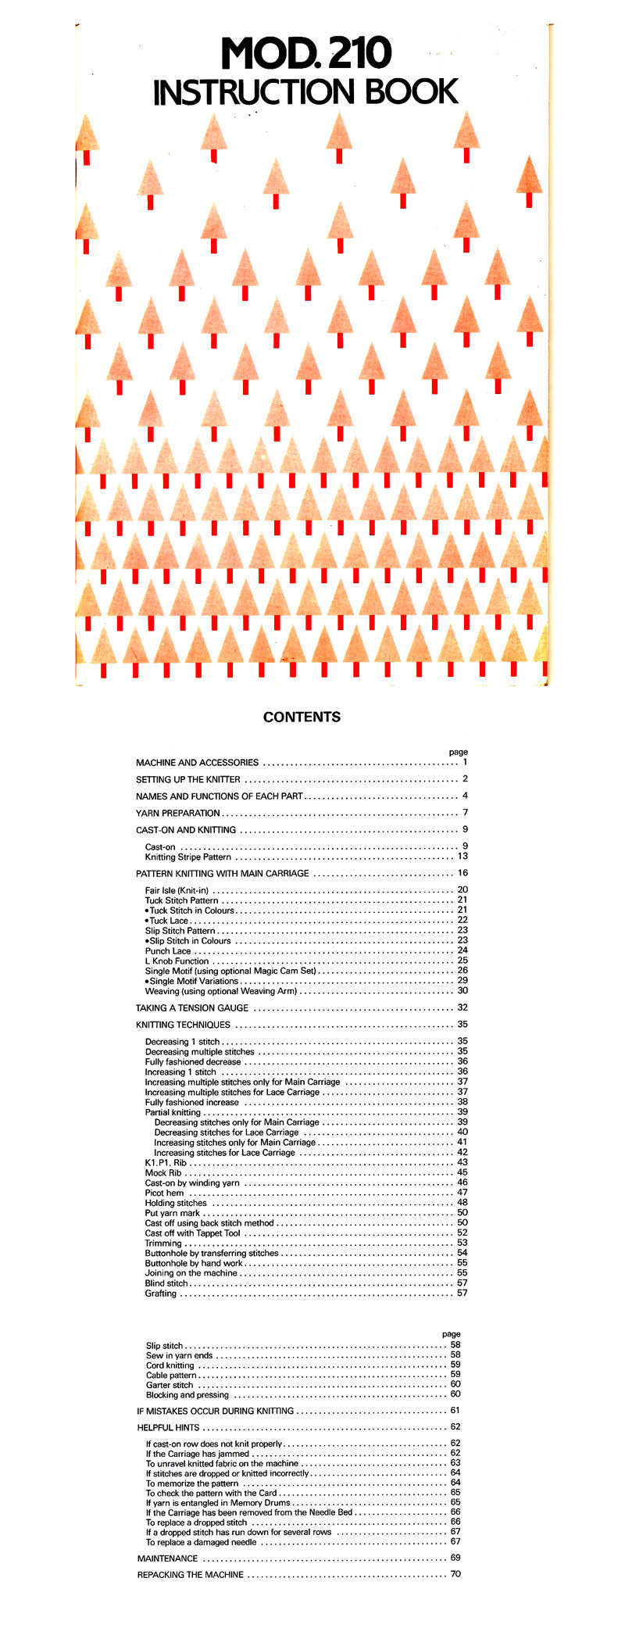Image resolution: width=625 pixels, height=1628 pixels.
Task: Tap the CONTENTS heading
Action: click(x=302, y=717)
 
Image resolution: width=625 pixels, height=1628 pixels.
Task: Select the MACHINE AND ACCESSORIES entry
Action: click(x=197, y=762)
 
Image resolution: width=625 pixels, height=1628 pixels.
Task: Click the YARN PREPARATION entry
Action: click(x=178, y=813)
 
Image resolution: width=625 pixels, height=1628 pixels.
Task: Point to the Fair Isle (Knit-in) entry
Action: click(x=177, y=890)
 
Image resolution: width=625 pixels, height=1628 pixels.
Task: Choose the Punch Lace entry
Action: click(x=168, y=951)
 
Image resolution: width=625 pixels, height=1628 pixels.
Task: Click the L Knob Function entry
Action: click(x=177, y=961)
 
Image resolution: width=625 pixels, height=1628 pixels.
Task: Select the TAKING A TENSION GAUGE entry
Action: click(x=192, y=1008)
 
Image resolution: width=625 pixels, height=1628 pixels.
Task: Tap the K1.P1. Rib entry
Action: click(x=166, y=1163)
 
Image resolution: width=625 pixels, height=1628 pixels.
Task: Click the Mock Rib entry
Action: click(x=163, y=1173)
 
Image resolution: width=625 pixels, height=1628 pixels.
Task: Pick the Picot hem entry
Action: click(x=165, y=1193)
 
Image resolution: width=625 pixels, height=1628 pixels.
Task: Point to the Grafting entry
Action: click(x=161, y=1293)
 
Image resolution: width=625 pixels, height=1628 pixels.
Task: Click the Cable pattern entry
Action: click(x=171, y=1375)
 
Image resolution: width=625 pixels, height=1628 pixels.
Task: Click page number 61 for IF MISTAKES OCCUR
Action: click(x=455, y=1411)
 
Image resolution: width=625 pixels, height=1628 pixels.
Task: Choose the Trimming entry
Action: click(x=163, y=1243)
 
